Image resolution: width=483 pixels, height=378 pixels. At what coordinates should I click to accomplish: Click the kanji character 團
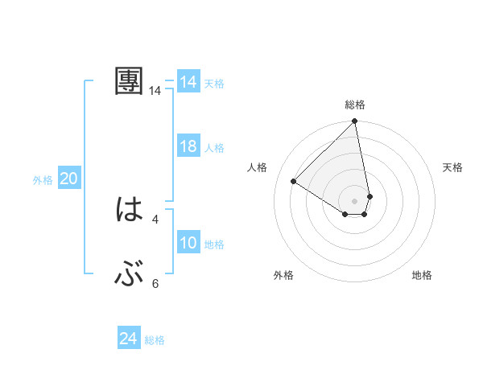point(129,81)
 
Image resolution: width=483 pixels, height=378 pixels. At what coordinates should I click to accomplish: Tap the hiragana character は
point(129,210)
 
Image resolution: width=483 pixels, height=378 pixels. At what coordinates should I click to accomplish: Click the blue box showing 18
point(188,147)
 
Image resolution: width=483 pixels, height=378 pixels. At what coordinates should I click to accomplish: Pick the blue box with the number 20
point(69,179)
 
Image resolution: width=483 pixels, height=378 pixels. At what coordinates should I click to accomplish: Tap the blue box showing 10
point(188,243)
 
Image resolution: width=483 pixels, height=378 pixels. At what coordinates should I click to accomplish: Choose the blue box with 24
point(129,339)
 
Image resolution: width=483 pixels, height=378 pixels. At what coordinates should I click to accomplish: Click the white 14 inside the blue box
point(188,82)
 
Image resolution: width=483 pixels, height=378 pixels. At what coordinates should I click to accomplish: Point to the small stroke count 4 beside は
point(155,219)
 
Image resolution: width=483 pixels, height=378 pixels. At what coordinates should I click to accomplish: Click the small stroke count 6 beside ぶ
point(155,283)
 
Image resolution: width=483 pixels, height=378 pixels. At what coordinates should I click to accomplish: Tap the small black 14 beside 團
point(155,91)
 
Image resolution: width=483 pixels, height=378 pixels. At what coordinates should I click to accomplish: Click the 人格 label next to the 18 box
point(214,148)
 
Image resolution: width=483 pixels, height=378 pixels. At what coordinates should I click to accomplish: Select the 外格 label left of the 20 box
point(43,180)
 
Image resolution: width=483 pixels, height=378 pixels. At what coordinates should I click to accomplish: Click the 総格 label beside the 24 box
point(155,340)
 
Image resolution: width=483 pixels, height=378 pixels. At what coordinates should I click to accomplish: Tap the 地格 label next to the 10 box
point(214,244)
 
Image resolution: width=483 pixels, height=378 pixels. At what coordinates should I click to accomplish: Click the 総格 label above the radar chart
point(355,105)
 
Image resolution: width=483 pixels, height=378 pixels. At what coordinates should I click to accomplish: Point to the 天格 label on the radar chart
point(453,167)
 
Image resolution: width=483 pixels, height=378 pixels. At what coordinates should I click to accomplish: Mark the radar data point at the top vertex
point(355,121)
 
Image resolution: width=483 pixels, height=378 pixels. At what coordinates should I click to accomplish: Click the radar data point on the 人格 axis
point(294,182)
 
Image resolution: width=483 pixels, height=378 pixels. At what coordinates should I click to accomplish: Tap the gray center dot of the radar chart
point(354,200)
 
